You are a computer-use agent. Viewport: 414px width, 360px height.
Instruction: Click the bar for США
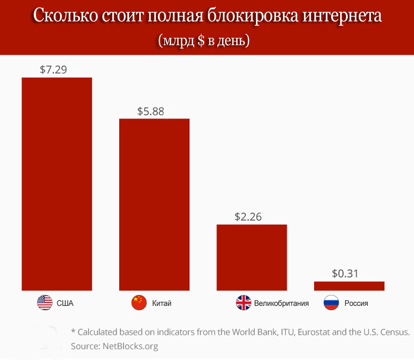(x=57, y=184)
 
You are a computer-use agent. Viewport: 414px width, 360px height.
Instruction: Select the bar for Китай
(x=154, y=204)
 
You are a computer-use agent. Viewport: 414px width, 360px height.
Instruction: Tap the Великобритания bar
(x=252, y=257)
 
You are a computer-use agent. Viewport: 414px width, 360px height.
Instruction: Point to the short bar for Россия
(x=349, y=286)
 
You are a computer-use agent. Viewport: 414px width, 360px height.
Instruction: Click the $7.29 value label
(x=53, y=70)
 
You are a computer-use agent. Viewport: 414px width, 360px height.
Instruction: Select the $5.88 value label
(x=151, y=111)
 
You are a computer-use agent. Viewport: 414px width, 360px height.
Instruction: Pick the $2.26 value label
(x=248, y=217)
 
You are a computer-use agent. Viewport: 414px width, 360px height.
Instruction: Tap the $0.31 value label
(x=345, y=273)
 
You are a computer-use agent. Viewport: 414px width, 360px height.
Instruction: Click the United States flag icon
(x=45, y=303)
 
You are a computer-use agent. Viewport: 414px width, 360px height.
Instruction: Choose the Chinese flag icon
(x=139, y=303)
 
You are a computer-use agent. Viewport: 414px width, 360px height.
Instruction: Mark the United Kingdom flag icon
(x=244, y=303)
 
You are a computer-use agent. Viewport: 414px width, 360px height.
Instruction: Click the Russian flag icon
(x=331, y=303)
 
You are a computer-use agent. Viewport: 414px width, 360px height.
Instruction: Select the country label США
(x=65, y=303)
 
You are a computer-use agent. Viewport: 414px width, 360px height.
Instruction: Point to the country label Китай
(x=162, y=303)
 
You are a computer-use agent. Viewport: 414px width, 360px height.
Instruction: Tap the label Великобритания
(x=281, y=303)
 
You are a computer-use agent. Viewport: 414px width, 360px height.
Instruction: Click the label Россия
(x=356, y=303)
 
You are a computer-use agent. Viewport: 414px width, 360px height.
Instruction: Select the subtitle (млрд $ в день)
(x=204, y=41)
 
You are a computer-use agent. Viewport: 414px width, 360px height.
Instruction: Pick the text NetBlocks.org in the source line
(x=130, y=346)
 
